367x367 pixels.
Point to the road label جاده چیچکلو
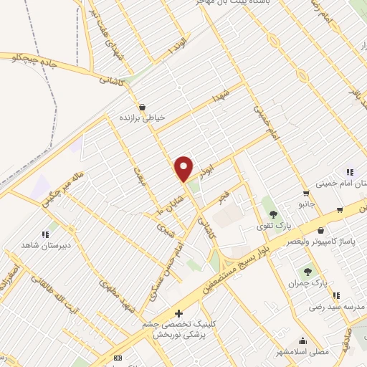tap(30, 58)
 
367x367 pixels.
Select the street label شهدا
tap(219, 95)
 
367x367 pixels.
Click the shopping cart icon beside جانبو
tap(306, 194)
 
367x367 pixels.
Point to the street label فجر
tap(223, 198)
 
